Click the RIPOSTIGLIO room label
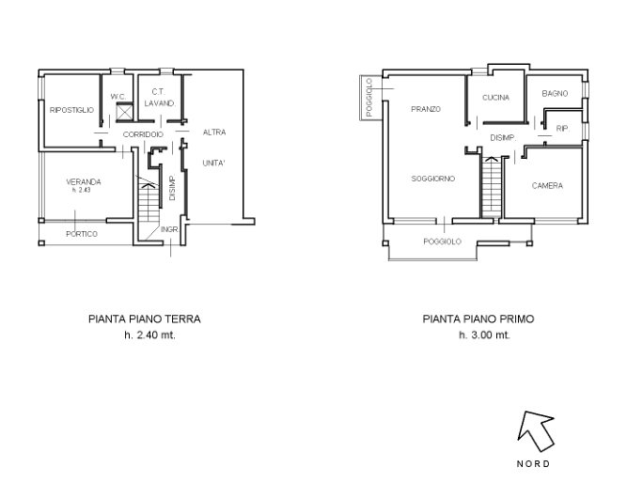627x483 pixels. pyautogui.click(x=71, y=110)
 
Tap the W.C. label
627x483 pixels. pyautogui.click(x=118, y=97)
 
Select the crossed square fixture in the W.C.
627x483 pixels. pyautogui.click(x=124, y=112)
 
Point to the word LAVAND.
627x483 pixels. pyautogui.click(x=160, y=103)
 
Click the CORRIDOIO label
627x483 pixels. pyautogui.click(x=143, y=134)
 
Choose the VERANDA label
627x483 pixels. pyautogui.click(x=83, y=182)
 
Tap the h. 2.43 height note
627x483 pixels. pyautogui.click(x=81, y=191)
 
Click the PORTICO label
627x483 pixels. pyautogui.click(x=82, y=234)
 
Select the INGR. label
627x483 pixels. pyautogui.click(x=169, y=230)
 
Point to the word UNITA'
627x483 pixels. pyautogui.click(x=213, y=164)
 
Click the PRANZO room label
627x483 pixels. pyautogui.click(x=426, y=109)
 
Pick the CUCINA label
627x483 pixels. pyautogui.click(x=495, y=98)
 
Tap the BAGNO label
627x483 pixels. pyautogui.click(x=555, y=94)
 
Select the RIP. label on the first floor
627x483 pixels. pyautogui.click(x=563, y=129)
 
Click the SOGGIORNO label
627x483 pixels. pyautogui.click(x=433, y=179)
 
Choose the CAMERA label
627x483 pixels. pyautogui.click(x=547, y=185)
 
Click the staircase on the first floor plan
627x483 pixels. pyautogui.click(x=492, y=187)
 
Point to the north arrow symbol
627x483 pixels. pyautogui.click(x=536, y=430)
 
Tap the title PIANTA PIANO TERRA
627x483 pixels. pyautogui.click(x=145, y=319)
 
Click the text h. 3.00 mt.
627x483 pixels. pyautogui.click(x=484, y=335)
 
